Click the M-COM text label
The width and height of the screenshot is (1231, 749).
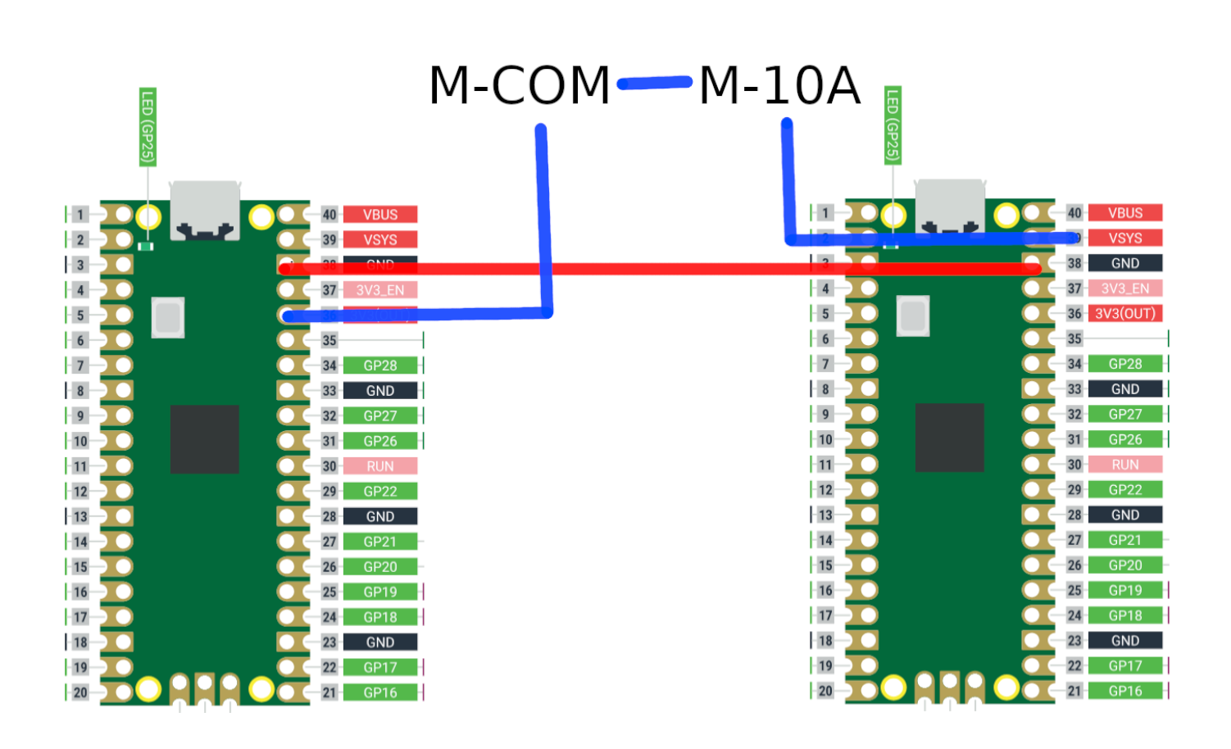520,85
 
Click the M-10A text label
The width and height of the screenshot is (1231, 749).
779,85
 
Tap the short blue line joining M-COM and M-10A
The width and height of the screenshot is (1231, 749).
655,83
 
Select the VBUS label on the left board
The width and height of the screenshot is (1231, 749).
380,215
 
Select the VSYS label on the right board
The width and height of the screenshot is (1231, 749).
1125,238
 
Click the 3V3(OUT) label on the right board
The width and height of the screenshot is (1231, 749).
1125,314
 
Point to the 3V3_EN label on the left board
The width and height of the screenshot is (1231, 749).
380,290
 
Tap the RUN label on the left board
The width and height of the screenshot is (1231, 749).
380,466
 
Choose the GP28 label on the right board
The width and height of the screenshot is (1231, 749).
1125,364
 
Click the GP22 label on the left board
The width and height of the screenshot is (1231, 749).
380,492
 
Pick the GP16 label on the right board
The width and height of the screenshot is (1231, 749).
1125,691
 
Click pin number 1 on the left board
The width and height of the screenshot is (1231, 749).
79,215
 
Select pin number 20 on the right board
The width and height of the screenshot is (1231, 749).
825,691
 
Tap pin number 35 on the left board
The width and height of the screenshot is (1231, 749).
329,340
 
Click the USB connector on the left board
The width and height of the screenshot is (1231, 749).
205,211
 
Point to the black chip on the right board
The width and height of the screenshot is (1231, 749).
949,438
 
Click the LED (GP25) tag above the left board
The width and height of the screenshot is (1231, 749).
148,127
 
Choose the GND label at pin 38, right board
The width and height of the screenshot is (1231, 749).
1125,263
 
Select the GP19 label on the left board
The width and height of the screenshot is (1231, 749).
380,592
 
